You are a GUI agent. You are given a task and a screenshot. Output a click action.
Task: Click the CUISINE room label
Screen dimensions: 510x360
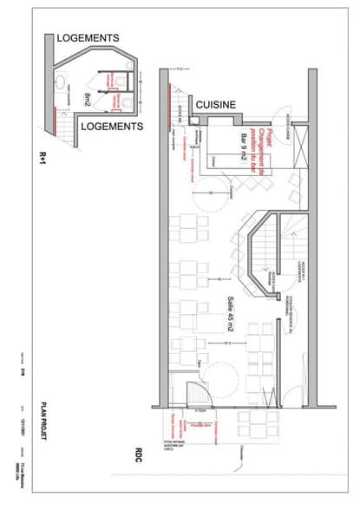(216, 104)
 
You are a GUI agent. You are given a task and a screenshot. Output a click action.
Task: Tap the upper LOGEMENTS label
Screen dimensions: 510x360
(88, 38)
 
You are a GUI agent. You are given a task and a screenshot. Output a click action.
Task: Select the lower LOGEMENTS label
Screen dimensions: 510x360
(110, 127)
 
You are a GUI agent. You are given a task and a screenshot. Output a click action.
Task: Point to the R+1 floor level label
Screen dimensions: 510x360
(41, 157)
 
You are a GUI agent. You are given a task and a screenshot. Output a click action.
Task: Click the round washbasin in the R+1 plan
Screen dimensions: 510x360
(62, 82)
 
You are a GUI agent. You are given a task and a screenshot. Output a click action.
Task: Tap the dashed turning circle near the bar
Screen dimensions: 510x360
(211, 195)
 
